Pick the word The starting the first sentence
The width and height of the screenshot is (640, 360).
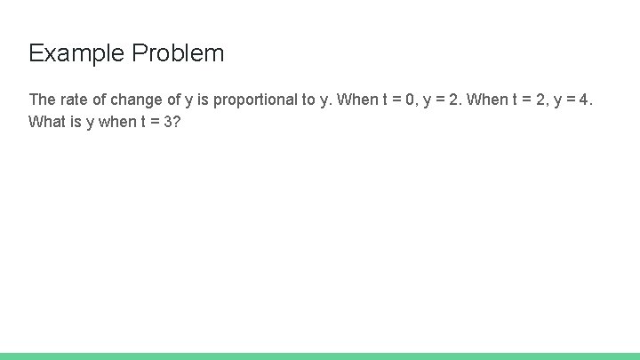[42, 99]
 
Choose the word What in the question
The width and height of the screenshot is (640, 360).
[46, 122]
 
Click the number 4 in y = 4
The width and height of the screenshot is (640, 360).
[583, 99]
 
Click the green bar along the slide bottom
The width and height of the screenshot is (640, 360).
[320, 356]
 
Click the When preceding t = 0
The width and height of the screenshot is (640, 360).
[357, 99]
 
